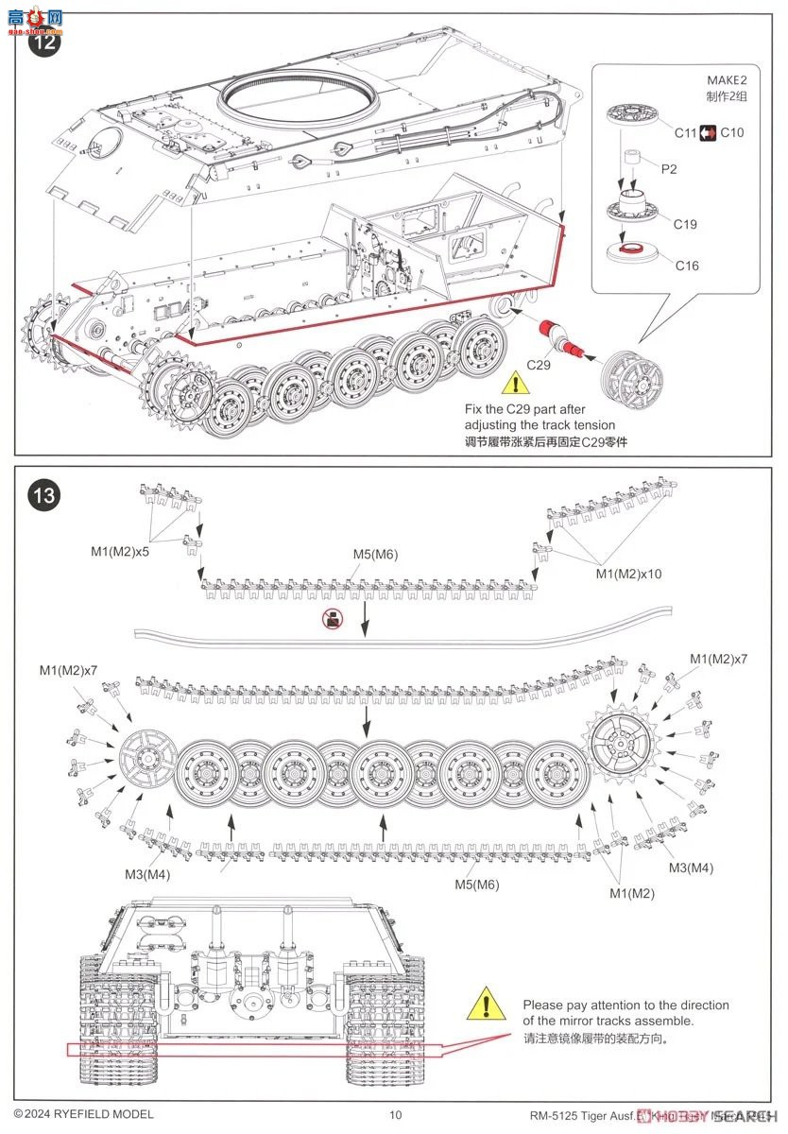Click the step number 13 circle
click(44, 494)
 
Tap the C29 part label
click(538, 364)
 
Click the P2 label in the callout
click(668, 169)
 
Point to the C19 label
click(685, 224)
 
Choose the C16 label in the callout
click(687, 266)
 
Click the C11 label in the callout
click(685, 133)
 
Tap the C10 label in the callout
click(731, 133)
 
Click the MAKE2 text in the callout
click(726, 80)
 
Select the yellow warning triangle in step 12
click(515, 384)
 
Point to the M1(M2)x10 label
click(628, 574)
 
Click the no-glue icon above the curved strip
click(331, 619)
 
